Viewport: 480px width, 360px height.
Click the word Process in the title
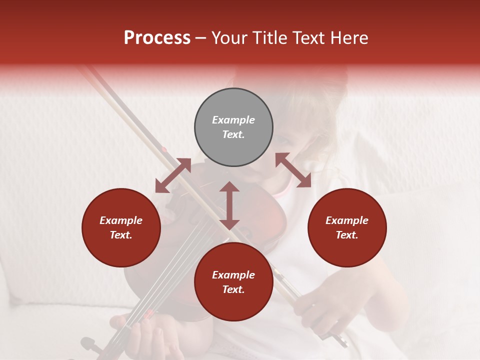coord(157,38)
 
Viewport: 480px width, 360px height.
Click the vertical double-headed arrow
coord(229,205)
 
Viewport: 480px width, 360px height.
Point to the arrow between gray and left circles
coord(173,175)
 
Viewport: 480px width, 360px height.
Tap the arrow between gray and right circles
coord(293,170)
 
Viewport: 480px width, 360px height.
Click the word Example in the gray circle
coord(233,120)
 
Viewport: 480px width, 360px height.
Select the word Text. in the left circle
coord(121,235)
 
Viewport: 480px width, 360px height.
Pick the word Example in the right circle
coord(347,220)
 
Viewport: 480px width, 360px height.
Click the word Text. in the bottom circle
coord(233,289)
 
